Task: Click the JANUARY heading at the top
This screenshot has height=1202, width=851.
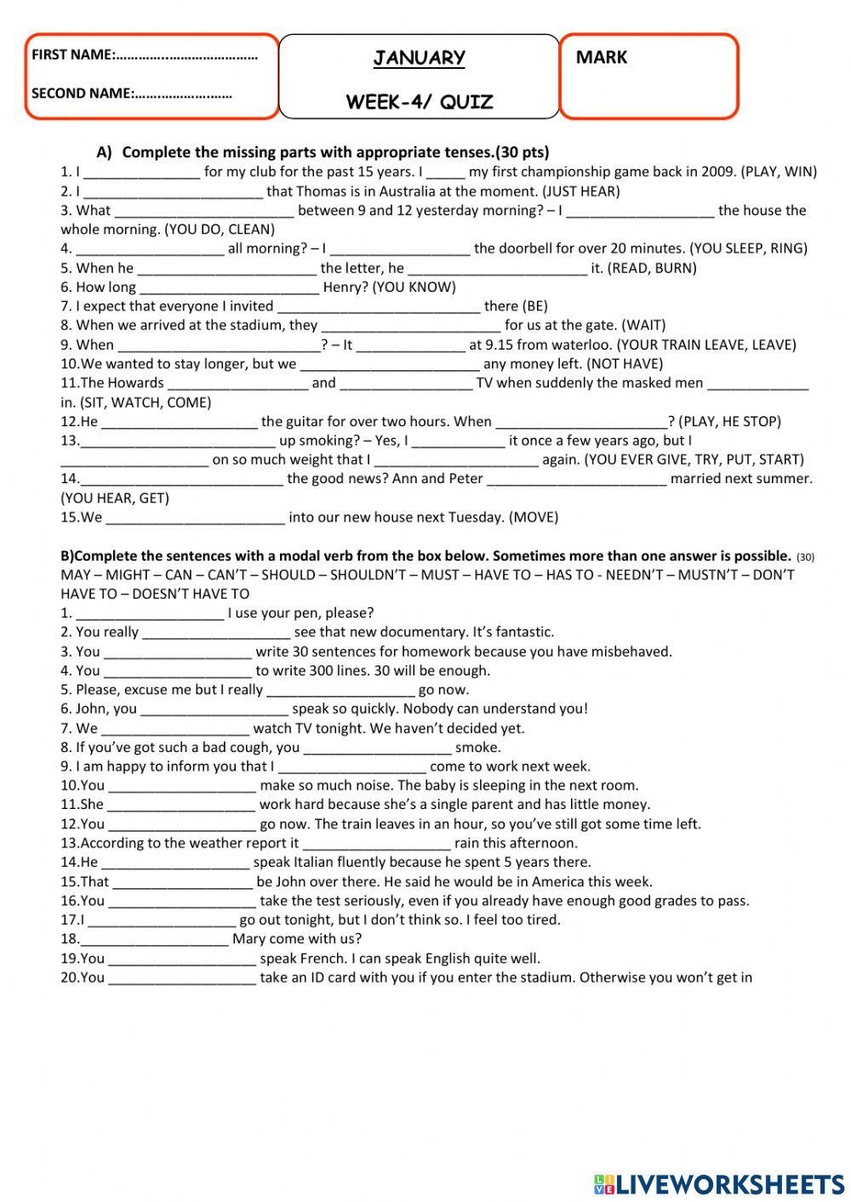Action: (419, 58)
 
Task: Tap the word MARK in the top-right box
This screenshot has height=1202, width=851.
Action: (601, 58)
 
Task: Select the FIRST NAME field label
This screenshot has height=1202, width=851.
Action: (73, 55)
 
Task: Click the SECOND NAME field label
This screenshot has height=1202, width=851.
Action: (81, 94)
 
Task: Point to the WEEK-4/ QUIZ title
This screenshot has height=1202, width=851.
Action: (419, 103)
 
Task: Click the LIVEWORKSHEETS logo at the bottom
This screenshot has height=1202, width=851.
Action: (719, 1183)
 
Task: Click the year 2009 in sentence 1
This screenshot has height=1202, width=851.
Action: (718, 172)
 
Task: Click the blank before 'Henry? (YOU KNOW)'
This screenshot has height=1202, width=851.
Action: (229, 288)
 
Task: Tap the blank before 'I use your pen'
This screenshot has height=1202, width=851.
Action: (150, 613)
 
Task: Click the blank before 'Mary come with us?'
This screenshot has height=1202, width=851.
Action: (154, 939)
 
